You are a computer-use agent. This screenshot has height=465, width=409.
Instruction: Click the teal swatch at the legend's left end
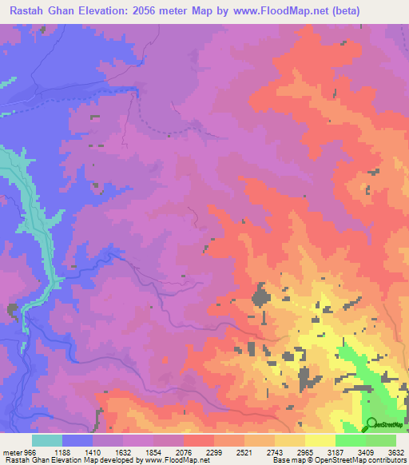[x=47, y=440]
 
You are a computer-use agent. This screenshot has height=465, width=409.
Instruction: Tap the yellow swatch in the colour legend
[x=320, y=440]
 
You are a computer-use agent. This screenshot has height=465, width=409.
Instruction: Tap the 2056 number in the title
[x=149, y=10]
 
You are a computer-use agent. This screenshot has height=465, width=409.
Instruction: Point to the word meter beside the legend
[x=12, y=451]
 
